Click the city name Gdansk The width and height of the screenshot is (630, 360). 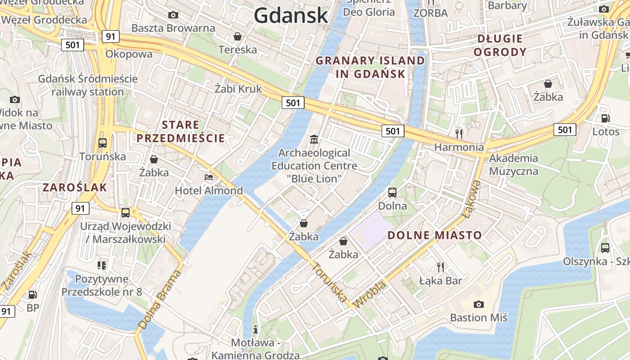[291, 16]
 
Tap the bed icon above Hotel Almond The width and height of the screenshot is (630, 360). [209, 177]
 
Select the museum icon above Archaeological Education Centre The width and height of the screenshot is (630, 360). [314, 139]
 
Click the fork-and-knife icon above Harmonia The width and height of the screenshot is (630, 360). [459, 134]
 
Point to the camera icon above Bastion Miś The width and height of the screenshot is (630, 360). [479, 305]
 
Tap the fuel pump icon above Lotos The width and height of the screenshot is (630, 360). [606, 118]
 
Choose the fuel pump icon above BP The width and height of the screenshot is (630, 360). [33, 295]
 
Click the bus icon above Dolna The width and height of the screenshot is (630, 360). [392, 193]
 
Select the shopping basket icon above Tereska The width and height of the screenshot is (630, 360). [237, 36]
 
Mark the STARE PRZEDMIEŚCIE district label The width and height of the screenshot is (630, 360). [180, 131]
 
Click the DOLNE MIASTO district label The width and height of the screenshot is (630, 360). [435, 235]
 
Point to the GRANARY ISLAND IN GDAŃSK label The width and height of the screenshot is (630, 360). [370, 67]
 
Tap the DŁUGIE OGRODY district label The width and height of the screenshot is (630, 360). [500, 45]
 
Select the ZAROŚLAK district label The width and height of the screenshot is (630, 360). [75, 188]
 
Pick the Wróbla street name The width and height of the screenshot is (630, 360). [370, 294]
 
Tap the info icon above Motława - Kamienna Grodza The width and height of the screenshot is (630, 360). [256, 329]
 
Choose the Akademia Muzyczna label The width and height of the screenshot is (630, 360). [513, 165]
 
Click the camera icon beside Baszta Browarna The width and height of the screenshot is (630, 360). [173, 15]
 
